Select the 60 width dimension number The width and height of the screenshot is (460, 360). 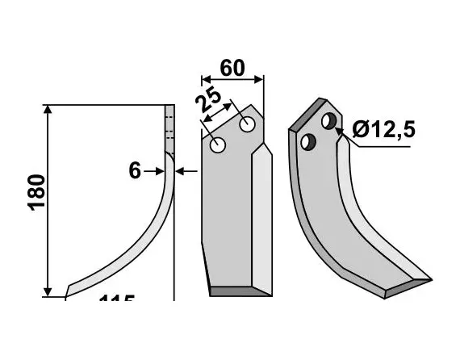coord(232,68)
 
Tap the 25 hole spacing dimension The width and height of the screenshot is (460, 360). coord(208,103)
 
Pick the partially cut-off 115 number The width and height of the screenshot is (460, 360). coord(116,300)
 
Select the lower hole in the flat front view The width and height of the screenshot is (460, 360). coord(218,146)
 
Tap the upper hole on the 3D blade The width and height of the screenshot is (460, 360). coord(329,121)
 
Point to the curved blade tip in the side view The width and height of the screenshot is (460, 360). coord(73,287)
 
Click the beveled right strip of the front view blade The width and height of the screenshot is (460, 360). coord(261,218)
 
